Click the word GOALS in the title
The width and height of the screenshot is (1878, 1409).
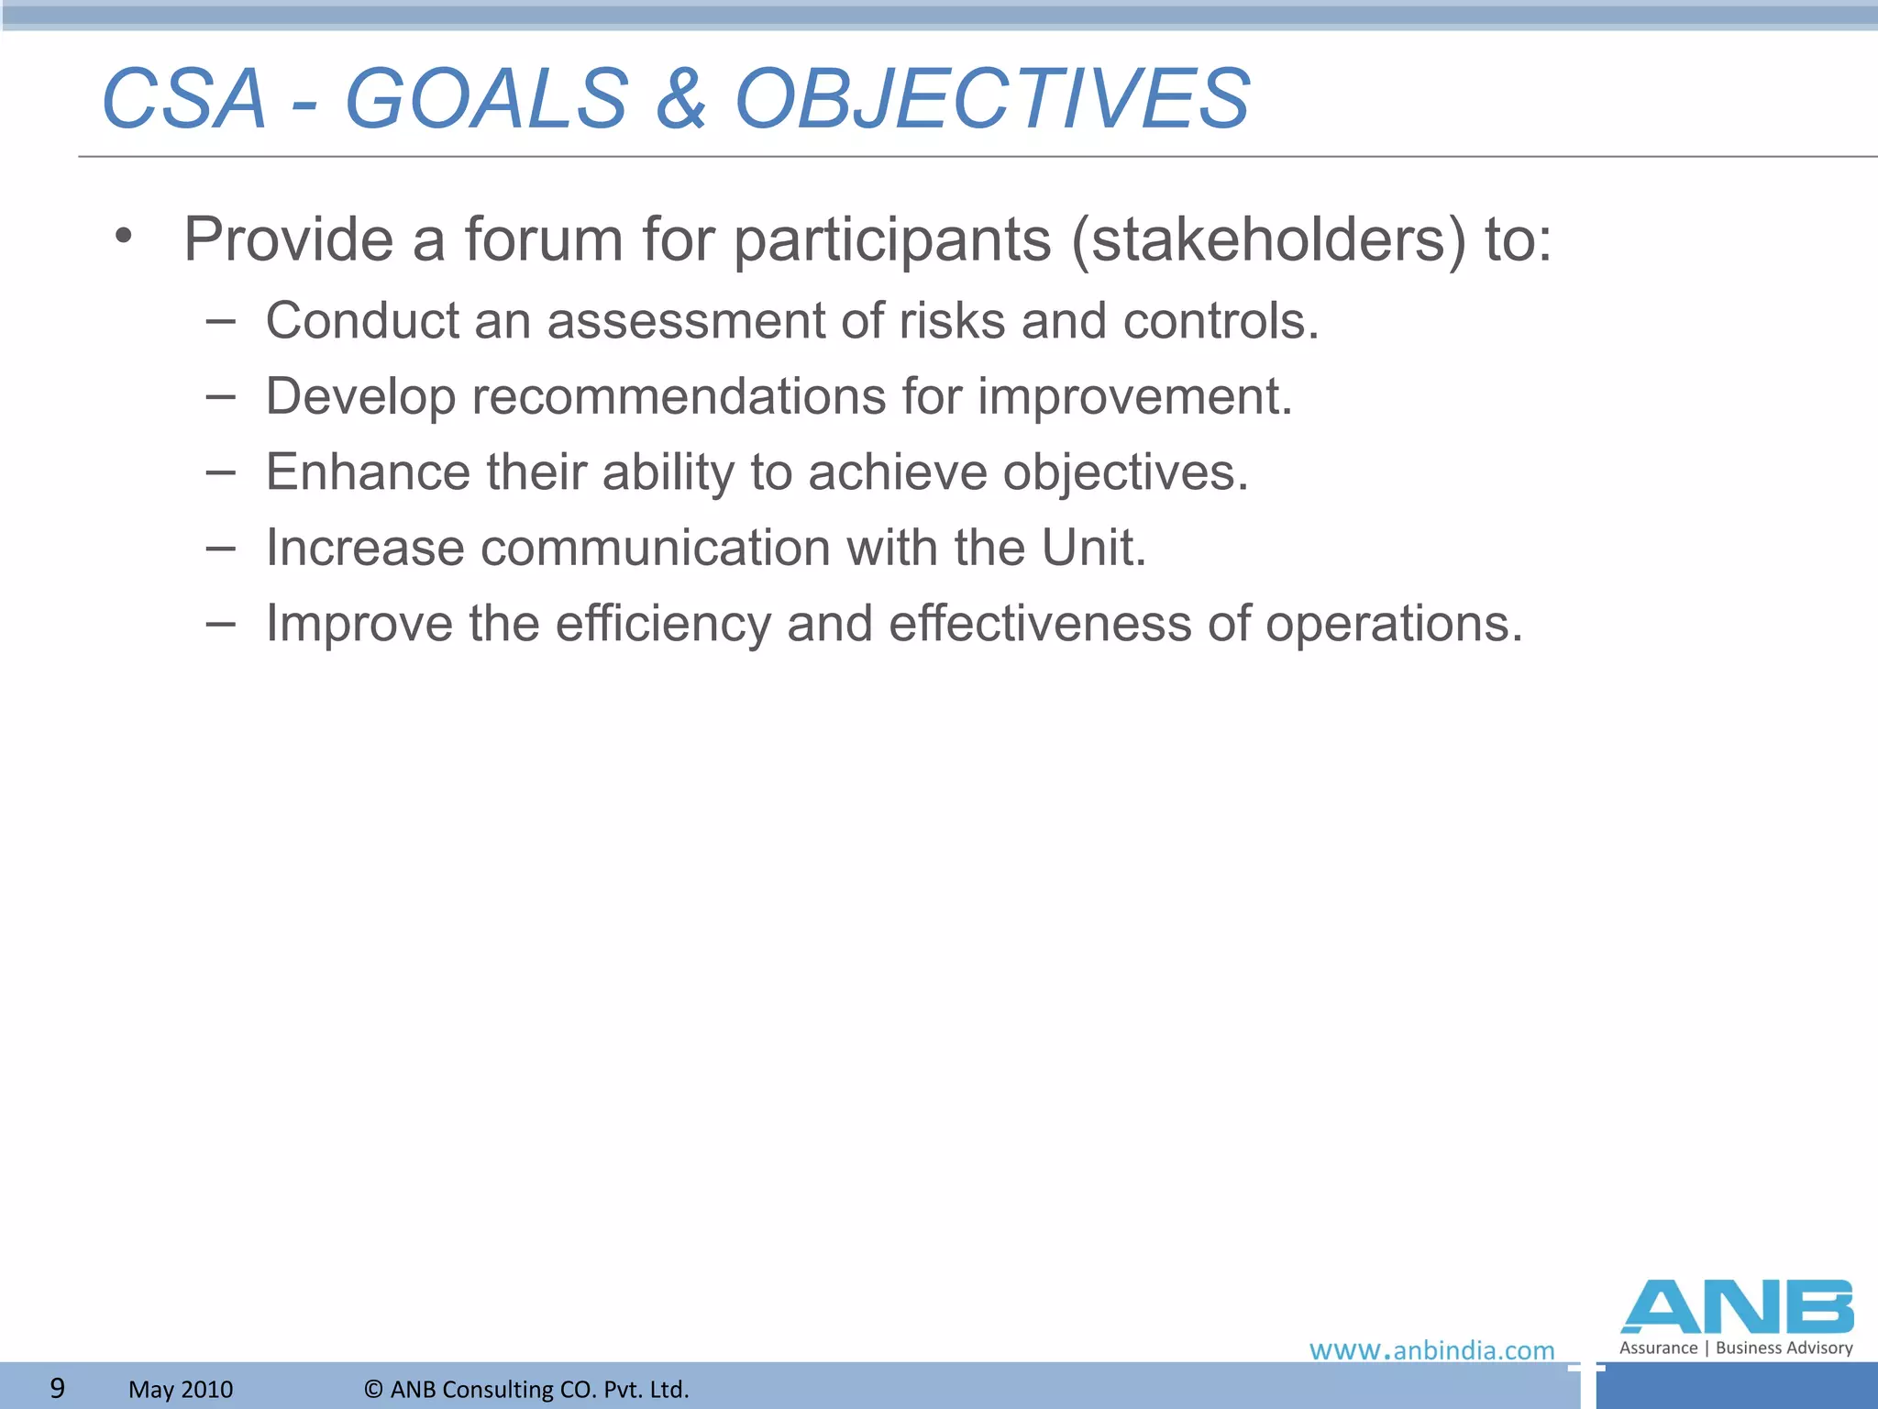487,99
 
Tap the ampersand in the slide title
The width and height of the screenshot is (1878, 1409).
681,99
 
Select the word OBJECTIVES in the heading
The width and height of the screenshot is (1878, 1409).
992,99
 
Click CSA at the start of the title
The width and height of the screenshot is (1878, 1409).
183,99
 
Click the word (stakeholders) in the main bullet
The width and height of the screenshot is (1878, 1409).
1269,240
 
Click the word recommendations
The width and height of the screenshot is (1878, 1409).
678,397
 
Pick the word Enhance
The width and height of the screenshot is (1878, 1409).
367,472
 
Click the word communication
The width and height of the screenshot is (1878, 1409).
655,549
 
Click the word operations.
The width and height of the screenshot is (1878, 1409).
1393,625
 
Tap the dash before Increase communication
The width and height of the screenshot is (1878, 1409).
220,549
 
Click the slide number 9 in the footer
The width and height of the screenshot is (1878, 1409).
57,1388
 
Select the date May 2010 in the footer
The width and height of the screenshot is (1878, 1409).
181,1389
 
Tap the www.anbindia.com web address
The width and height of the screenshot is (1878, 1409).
1431,1350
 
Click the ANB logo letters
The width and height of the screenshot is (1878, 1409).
1737,1307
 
